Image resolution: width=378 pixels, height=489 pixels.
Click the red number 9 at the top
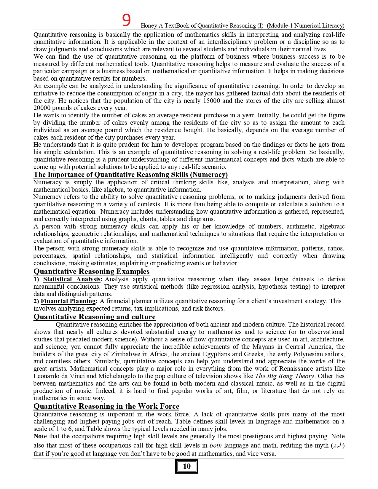(x=126, y=20)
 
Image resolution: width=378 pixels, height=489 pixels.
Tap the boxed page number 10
(x=187, y=466)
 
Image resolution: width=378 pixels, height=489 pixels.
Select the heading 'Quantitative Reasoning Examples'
(x=91, y=271)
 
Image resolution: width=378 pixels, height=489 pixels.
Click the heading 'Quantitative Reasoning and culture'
(x=94, y=317)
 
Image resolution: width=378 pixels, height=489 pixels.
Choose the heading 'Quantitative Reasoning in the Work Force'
(x=106, y=406)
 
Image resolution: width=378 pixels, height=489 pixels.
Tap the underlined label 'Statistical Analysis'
(x=72, y=279)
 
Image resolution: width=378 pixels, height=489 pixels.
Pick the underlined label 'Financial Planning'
(x=68, y=301)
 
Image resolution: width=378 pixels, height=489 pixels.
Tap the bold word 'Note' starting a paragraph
(x=40, y=436)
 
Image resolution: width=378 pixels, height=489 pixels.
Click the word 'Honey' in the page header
(x=149, y=26)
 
